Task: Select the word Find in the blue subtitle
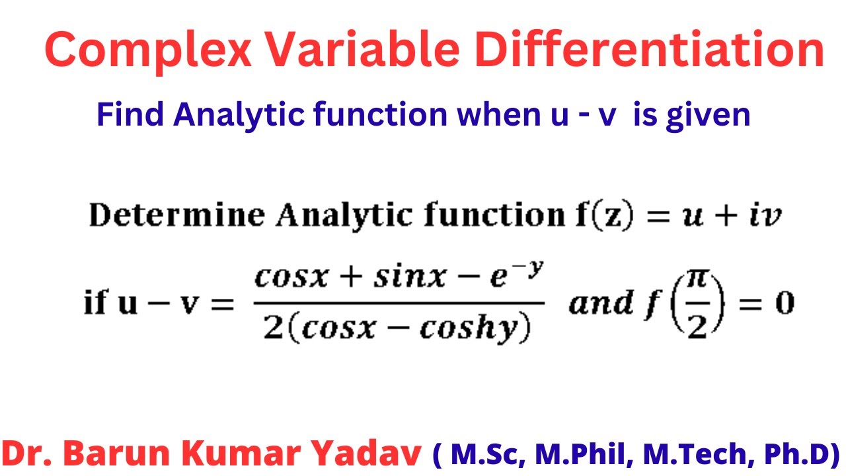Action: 130,115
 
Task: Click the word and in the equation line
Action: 600,304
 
